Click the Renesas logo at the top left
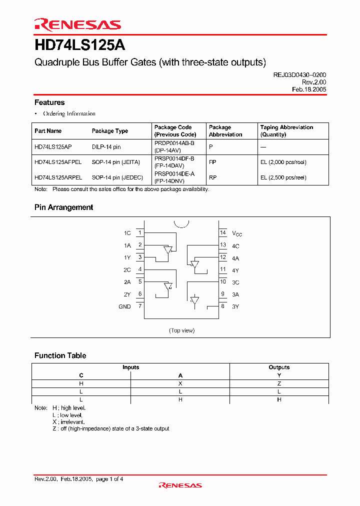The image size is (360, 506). [77, 24]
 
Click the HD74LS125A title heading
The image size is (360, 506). [80, 46]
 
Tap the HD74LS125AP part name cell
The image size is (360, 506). [53, 147]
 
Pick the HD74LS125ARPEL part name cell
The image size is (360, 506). [58, 177]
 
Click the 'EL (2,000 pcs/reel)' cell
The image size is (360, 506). [283, 162]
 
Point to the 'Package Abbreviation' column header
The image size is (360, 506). [225, 131]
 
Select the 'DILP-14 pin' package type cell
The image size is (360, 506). [106, 147]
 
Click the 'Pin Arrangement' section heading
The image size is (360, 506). [63, 207]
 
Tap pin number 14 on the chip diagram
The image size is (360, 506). [223, 232]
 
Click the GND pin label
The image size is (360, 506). [124, 306]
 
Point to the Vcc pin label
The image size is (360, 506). [237, 233]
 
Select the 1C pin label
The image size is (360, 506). [127, 233]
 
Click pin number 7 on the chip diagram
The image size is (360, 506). [140, 306]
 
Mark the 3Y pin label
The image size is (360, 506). [235, 306]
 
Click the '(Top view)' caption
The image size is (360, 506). [181, 330]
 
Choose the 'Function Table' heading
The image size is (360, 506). [60, 355]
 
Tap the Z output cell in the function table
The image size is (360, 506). [279, 383]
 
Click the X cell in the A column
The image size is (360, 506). [180, 383]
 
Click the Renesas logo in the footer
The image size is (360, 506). [180, 485]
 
